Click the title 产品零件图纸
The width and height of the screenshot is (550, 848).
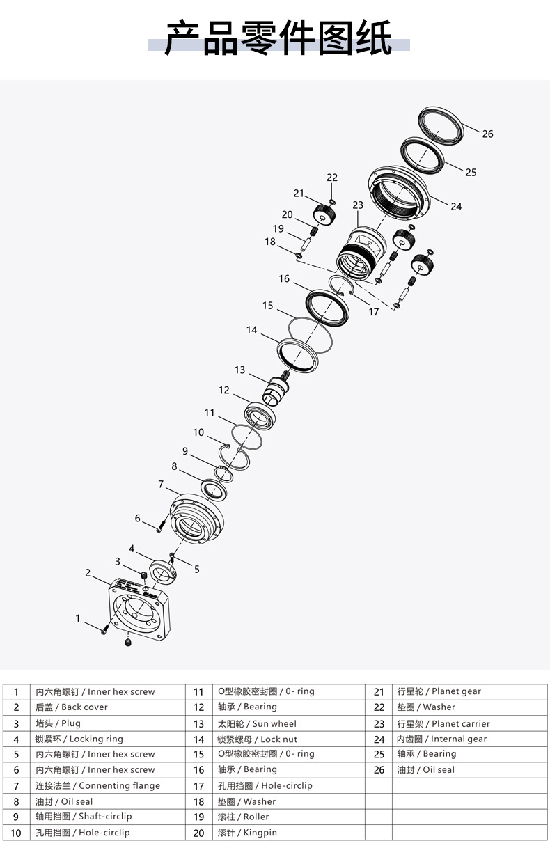(x=278, y=38)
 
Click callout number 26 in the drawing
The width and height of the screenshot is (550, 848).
(x=487, y=134)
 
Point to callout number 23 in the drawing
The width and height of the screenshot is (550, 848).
(x=358, y=205)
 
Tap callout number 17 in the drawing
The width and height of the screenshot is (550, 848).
(x=374, y=312)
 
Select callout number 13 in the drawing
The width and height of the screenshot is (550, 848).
(x=239, y=370)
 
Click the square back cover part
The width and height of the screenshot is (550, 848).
(x=139, y=608)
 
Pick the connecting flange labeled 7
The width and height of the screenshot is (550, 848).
(x=197, y=519)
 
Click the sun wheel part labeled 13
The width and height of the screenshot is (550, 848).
(x=276, y=388)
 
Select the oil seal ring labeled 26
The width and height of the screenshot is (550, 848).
(x=441, y=125)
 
